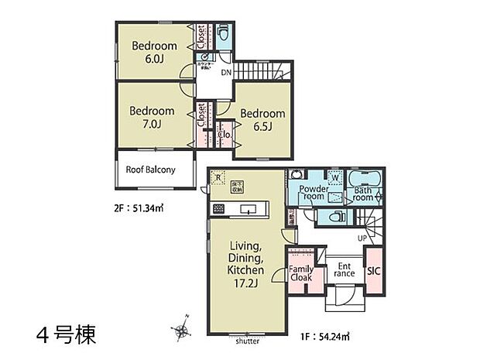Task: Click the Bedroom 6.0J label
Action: [x=153, y=52]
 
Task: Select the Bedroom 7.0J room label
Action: [x=153, y=116]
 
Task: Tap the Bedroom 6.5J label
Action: [x=262, y=119]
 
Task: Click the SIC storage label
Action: [x=373, y=270]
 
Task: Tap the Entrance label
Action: [x=344, y=269]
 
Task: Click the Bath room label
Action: [x=363, y=194]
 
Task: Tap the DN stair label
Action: [x=226, y=73]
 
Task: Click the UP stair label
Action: [x=362, y=238]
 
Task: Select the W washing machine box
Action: [x=335, y=176]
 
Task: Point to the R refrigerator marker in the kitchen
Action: [x=218, y=176]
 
